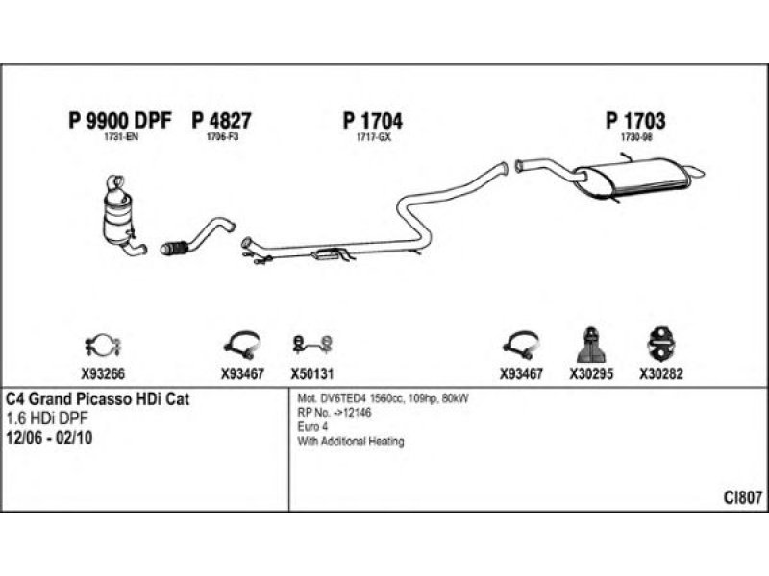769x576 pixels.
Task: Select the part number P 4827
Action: (222, 121)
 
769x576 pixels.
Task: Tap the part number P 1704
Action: (372, 121)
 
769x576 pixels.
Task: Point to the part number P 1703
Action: (635, 121)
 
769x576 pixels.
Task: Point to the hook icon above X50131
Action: (311, 343)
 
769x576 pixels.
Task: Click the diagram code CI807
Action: (743, 496)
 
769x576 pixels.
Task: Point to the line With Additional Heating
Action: (351, 442)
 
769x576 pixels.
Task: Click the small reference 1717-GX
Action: (372, 138)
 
